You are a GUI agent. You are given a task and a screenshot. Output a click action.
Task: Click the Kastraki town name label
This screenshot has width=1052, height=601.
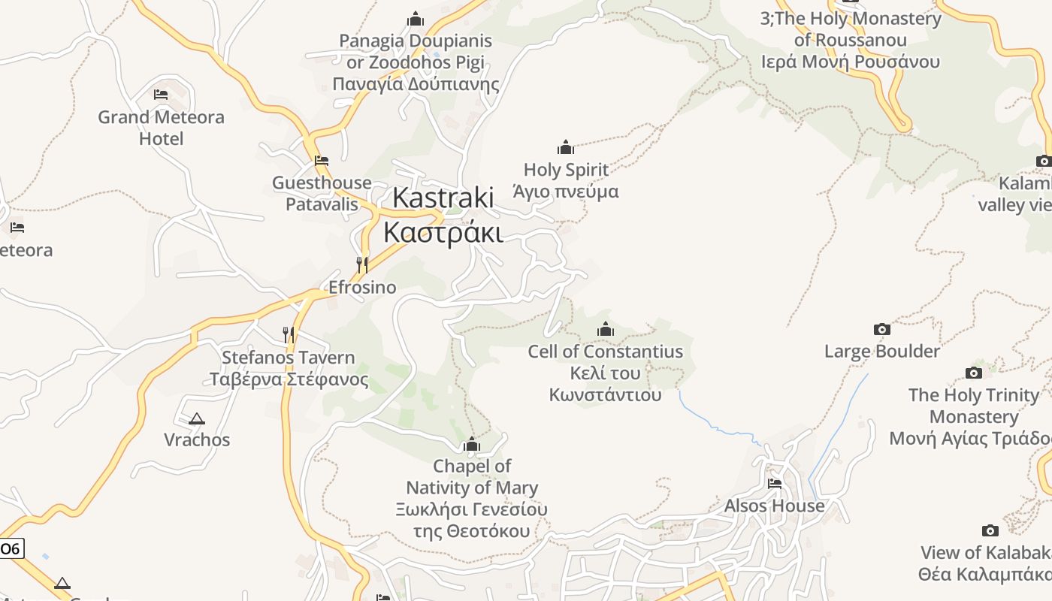click(443, 198)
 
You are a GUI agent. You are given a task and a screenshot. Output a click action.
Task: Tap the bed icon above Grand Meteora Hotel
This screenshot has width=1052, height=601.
click(161, 95)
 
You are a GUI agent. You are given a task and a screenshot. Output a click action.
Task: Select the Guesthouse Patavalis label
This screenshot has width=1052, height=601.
click(322, 193)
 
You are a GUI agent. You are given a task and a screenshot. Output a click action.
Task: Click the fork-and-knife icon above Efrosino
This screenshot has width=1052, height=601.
click(362, 264)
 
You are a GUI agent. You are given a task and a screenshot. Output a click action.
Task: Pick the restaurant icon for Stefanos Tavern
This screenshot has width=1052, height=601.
click(289, 334)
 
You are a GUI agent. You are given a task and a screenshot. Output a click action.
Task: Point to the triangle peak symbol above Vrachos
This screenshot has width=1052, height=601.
click(197, 418)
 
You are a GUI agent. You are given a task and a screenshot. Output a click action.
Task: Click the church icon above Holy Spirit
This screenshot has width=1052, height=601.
click(566, 147)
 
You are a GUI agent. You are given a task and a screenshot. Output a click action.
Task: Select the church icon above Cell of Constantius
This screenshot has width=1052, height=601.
click(605, 329)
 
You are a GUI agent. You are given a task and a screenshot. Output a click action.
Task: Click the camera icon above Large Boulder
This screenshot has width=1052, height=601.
click(882, 329)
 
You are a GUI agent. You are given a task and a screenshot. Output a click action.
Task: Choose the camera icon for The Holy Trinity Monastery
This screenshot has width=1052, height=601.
click(974, 373)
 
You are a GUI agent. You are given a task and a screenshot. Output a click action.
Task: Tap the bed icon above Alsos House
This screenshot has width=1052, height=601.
click(775, 483)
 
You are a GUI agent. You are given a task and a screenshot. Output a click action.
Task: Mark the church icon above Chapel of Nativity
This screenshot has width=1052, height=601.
click(472, 445)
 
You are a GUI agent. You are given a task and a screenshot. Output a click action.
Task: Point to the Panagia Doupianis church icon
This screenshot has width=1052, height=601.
click(416, 19)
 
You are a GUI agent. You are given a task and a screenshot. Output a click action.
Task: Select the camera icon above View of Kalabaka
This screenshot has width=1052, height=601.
click(990, 530)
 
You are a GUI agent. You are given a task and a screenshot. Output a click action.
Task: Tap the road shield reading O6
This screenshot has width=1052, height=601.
click(11, 549)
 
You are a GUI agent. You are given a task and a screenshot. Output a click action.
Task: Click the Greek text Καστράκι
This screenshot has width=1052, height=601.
click(443, 232)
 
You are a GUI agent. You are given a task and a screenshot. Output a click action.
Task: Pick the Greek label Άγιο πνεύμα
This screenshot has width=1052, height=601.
click(565, 192)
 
